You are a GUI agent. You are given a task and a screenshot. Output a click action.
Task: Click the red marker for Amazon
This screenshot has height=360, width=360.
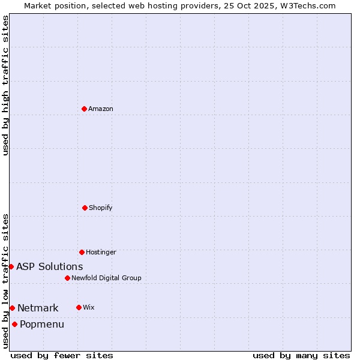point(85,109)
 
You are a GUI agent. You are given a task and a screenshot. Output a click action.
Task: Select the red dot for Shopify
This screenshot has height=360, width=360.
point(85,208)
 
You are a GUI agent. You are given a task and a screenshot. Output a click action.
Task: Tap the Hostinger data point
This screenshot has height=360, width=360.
point(82,252)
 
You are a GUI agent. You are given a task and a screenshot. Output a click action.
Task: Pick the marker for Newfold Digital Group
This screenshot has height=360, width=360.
point(67,278)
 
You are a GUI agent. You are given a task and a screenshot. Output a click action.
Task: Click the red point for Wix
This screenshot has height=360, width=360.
point(79,307)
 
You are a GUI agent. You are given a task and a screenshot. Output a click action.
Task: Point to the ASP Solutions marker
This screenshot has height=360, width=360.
point(11,266)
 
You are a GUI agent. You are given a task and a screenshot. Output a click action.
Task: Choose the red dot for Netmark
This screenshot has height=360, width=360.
point(12,308)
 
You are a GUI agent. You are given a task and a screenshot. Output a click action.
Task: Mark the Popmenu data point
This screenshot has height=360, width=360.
point(14,324)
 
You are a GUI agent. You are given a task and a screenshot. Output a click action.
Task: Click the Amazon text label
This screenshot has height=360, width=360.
point(101,109)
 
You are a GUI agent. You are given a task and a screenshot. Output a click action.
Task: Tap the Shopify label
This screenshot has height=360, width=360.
point(101,208)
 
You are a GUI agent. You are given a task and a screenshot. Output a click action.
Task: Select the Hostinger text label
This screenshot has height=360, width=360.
point(101,252)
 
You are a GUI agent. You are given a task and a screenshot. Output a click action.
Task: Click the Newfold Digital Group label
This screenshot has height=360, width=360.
point(106,278)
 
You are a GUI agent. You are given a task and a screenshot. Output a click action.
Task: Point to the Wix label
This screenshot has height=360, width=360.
point(88,307)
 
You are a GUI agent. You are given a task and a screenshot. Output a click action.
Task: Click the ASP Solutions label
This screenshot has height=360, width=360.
point(50,266)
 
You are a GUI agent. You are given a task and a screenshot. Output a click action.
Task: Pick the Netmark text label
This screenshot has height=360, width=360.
point(38,308)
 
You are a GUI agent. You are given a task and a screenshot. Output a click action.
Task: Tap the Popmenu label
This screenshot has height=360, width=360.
point(42,324)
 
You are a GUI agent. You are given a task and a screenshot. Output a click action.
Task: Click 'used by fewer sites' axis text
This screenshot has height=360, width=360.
point(62,355)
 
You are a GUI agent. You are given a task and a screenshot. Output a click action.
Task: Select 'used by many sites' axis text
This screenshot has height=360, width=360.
point(301,355)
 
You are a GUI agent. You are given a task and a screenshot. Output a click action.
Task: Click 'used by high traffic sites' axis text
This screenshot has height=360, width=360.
point(5,85)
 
